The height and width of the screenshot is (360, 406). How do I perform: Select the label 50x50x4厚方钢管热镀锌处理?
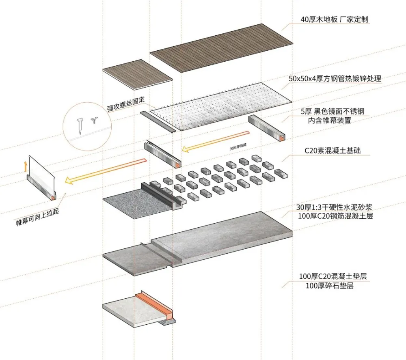tap(335, 78)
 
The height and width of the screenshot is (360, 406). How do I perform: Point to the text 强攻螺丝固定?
tap(126, 103)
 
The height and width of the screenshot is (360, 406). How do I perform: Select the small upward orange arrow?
tap(25, 166)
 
